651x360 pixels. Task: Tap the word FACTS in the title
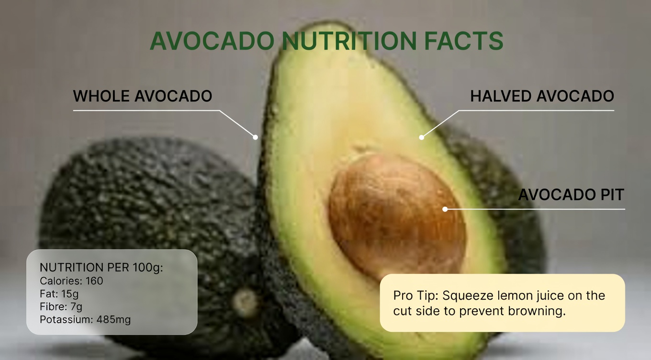click(x=463, y=41)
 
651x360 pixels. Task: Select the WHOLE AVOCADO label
click(x=142, y=96)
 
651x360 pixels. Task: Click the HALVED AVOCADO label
click(x=542, y=96)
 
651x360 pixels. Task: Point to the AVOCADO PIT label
click(x=571, y=195)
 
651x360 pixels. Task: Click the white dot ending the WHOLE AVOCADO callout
click(x=256, y=137)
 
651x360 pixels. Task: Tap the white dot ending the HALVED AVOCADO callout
click(x=422, y=137)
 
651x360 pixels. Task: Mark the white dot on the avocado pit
click(x=445, y=209)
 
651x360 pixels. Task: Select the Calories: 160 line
click(x=71, y=281)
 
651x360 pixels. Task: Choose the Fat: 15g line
click(x=59, y=294)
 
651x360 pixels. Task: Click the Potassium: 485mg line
click(x=85, y=319)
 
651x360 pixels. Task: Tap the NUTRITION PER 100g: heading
click(x=101, y=268)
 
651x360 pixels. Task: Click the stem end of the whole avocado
click(x=246, y=301)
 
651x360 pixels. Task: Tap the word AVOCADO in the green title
click(x=212, y=41)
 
